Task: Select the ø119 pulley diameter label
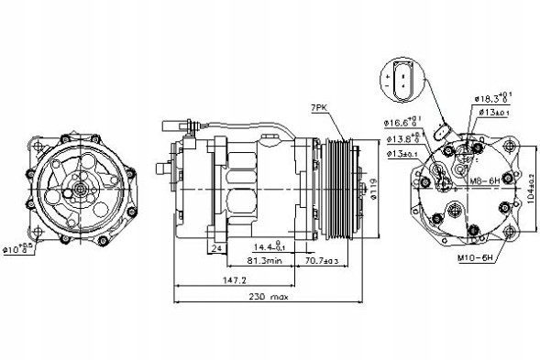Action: pyautogui.click(x=375, y=189)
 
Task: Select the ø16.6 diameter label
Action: pyautogui.click(x=398, y=120)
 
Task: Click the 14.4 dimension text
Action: pyautogui.click(x=268, y=246)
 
